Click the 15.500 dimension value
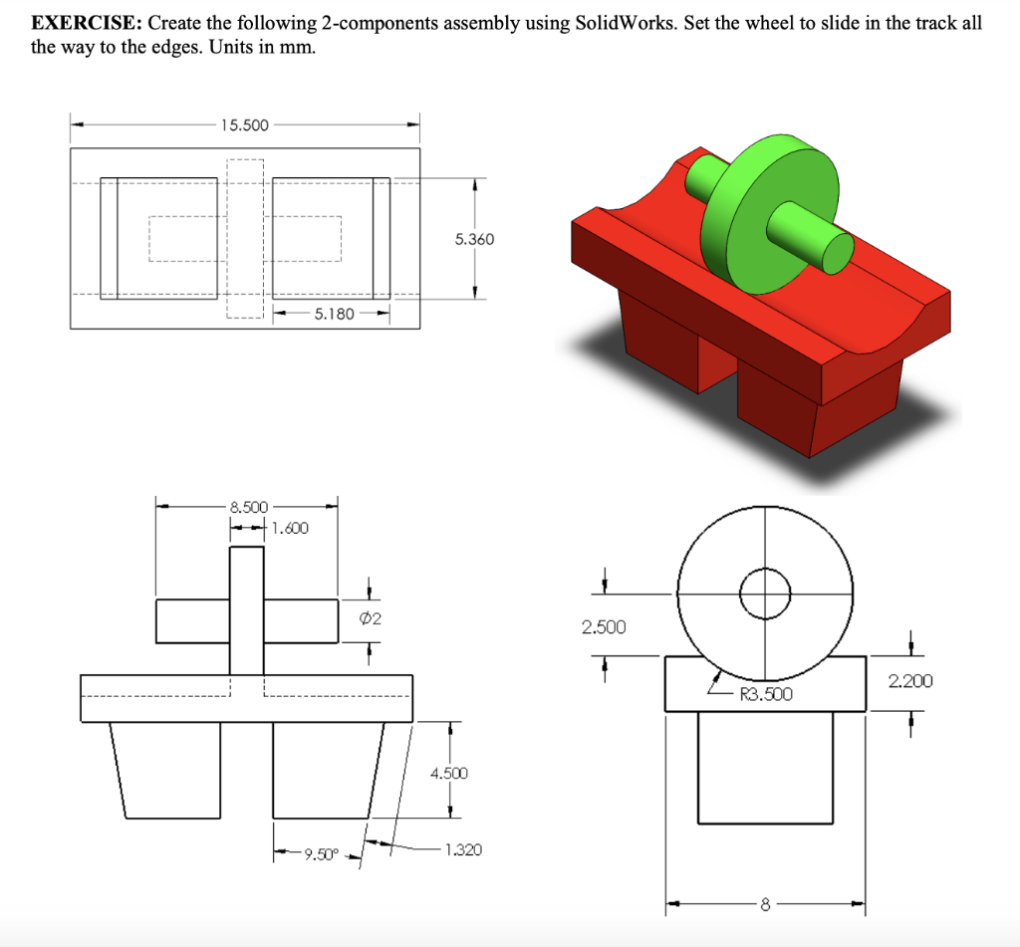244,124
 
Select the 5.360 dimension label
473,239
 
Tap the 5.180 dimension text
334,315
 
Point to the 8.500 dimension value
248,507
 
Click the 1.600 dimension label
290,528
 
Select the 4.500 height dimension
448,773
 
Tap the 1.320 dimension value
463,849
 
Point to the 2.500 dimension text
604,626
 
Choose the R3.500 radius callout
766,694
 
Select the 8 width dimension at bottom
765,905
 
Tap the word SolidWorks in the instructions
626,25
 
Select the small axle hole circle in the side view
765,593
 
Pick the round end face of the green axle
837,252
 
